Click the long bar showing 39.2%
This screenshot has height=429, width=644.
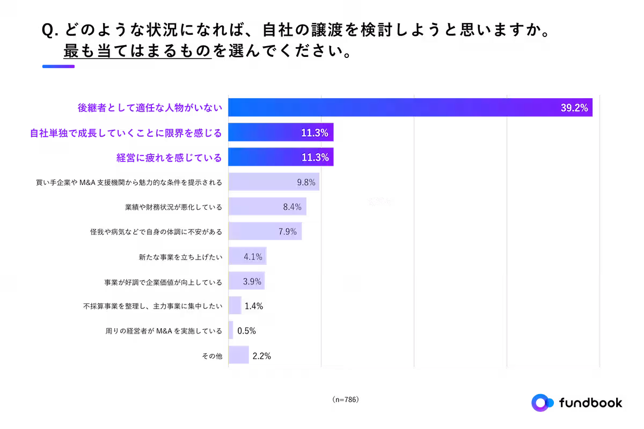(376, 107)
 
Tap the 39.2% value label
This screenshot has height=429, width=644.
(574, 108)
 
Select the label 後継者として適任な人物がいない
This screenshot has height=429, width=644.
(149, 108)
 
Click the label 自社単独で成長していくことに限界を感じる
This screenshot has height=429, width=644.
(125, 132)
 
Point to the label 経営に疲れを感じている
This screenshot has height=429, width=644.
(169, 158)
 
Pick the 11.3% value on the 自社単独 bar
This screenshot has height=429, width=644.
(314, 133)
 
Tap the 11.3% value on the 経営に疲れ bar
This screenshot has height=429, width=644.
(314, 158)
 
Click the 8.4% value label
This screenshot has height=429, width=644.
(292, 207)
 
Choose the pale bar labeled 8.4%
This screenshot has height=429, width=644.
(258, 207)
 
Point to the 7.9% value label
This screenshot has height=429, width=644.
(287, 232)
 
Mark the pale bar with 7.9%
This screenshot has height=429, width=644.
(255, 232)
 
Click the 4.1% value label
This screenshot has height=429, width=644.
(253, 257)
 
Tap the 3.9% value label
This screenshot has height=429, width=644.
(252, 281)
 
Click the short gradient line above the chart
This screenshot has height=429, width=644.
(58, 66)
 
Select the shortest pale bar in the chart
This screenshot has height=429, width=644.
(231, 330)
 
